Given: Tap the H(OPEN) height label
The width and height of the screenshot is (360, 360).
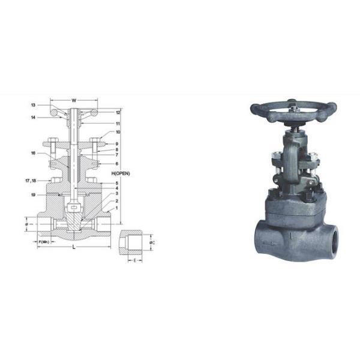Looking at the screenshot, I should tap(121, 173).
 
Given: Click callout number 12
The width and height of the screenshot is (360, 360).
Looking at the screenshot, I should tap(118, 112).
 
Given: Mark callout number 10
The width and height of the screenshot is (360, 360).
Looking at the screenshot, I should tap(118, 132).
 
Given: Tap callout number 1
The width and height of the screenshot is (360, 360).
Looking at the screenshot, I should tap(116, 208).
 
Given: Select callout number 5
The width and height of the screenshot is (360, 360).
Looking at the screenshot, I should tap(116, 182).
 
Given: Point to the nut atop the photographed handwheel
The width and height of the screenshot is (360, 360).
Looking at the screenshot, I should tap(293, 109).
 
